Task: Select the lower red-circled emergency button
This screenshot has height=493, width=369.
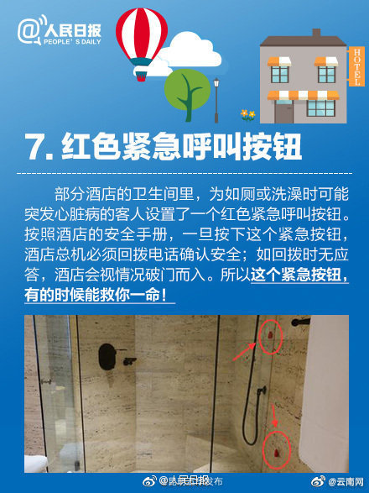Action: point(277,450)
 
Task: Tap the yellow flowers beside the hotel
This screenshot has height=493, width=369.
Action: point(247,113)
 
